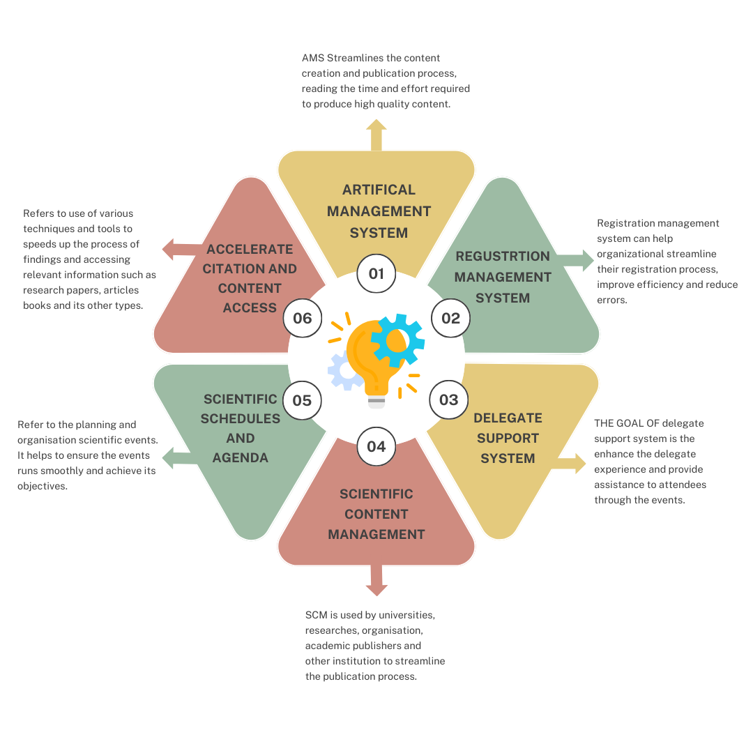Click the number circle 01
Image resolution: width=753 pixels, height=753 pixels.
tap(376, 273)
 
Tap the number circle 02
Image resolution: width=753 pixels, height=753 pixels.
tap(451, 319)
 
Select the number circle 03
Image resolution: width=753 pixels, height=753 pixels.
tap(449, 400)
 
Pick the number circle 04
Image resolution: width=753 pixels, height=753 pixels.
tap(376, 446)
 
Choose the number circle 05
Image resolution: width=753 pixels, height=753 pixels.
tap(302, 400)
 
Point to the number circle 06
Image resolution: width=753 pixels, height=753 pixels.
tap(303, 319)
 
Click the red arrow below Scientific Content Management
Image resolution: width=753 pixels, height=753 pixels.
tap(376, 581)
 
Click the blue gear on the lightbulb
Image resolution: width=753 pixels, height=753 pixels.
tap(397, 340)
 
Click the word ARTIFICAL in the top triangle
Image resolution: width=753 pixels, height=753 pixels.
tap(379, 190)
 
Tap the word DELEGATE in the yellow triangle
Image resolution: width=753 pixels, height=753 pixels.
tap(508, 418)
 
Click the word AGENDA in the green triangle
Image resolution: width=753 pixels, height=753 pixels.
tap(241, 458)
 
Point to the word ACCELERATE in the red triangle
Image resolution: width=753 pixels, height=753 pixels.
tap(250, 249)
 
